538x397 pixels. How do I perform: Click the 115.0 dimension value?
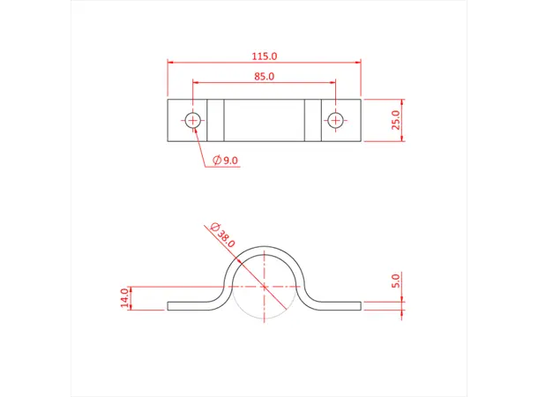point(265,56)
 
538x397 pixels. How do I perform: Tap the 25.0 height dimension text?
point(396,120)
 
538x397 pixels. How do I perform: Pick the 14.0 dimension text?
point(124,298)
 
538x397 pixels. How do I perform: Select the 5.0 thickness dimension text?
point(396,281)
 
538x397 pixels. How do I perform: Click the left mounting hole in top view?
point(193,120)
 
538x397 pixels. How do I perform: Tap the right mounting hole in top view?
point(335,120)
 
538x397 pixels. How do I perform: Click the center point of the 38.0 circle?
point(265,286)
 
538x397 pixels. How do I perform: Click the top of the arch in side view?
point(265,247)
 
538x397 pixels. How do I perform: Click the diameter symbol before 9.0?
point(216,160)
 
